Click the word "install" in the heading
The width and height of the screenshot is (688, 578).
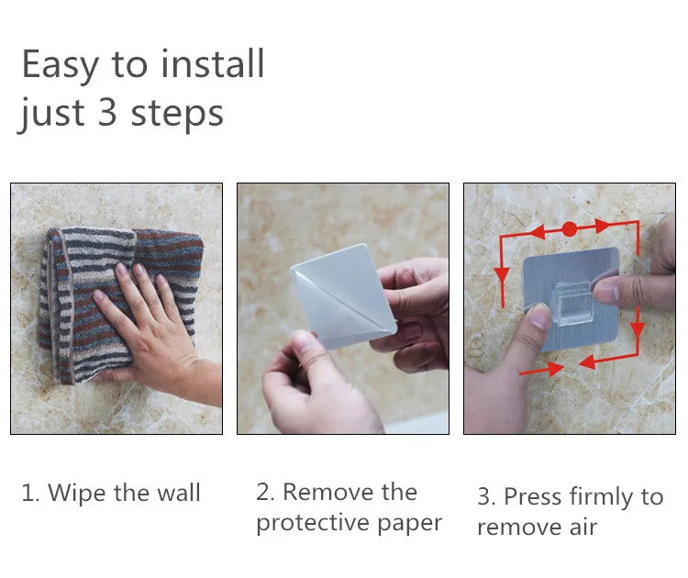click(x=213, y=64)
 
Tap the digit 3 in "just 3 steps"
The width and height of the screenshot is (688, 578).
click(x=107, y=113)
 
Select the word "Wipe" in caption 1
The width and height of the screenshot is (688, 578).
click(x=76, y=494)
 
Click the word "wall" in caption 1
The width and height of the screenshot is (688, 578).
click(x=179, y=493)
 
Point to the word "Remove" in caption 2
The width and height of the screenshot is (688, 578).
click(x=328, y=492)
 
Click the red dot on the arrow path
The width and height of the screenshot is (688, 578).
click(x=569, y=229)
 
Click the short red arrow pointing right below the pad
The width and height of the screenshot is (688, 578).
click(x=541, y=370)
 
